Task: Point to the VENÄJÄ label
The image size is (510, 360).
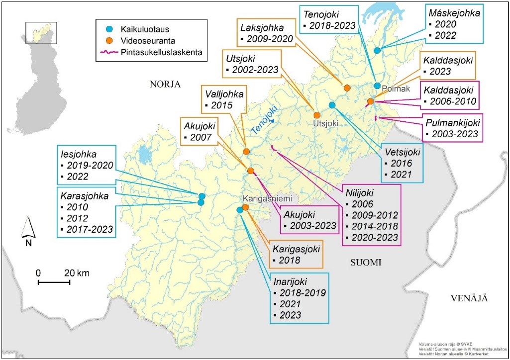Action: pos(468,298)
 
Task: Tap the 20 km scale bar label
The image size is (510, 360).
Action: pos(78,272)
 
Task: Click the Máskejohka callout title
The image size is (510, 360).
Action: pos(454,13)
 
